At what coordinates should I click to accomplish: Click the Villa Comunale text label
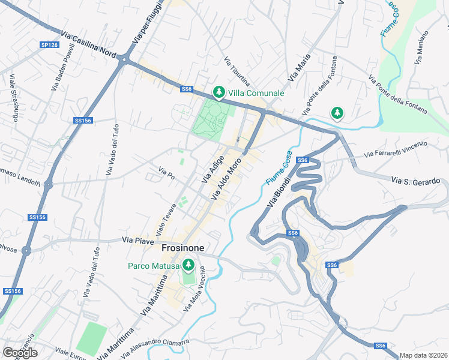coord(256,93)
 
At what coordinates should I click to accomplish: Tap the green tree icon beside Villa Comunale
coord(218,92)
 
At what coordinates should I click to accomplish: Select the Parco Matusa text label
coord(153,266)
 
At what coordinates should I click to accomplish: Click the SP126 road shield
coord(50,45)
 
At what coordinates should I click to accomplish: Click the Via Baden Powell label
coord(63,67)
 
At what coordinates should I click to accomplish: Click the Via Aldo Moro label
coord(226,179)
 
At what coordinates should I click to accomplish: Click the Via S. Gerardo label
coord(416,181)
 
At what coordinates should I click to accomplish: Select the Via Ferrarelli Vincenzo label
coord(395,149)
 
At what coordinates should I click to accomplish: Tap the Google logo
coord(20,353)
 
